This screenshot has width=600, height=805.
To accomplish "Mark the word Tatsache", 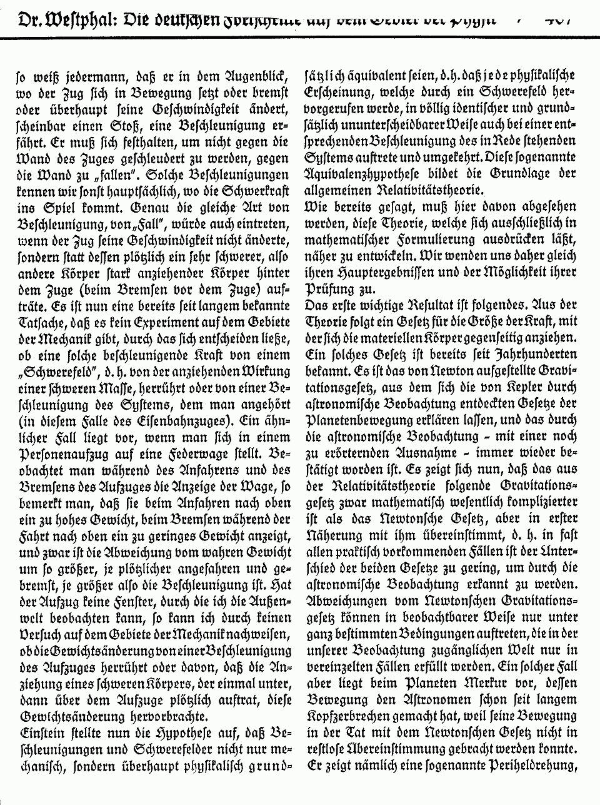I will (x=41, y=321).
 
